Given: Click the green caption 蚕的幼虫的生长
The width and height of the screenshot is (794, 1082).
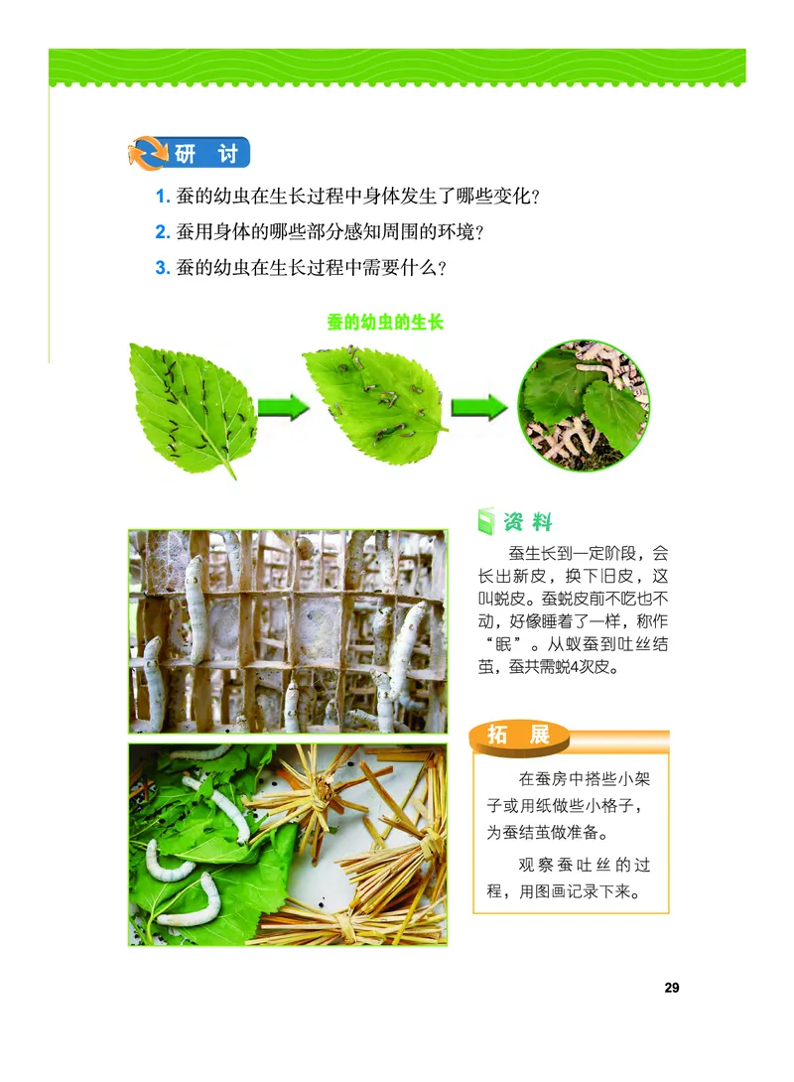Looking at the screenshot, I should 384,323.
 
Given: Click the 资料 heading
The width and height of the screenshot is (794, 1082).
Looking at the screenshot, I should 527,521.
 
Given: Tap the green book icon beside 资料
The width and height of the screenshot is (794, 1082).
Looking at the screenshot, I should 485,521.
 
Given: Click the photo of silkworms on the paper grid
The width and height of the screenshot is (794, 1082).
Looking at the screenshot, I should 287,631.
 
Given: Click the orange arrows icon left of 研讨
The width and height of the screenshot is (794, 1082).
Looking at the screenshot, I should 147,154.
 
